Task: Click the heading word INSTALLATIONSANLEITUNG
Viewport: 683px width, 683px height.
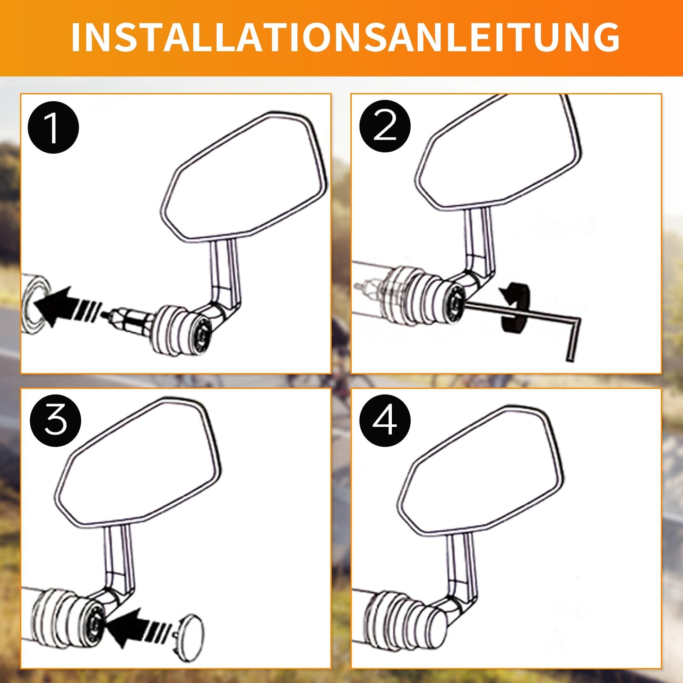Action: [x=345, y=37]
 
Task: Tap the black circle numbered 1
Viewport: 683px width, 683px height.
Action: [x=53, y=127]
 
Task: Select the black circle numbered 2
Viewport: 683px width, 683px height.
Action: [x=385, y=127]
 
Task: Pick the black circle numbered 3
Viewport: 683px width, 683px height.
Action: [x=55, y=421]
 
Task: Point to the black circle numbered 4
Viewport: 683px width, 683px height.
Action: [x=385, y=421]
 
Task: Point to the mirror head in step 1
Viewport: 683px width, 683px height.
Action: [x=244, y=177]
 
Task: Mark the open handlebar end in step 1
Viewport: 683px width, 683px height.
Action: [x=35, y=304]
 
